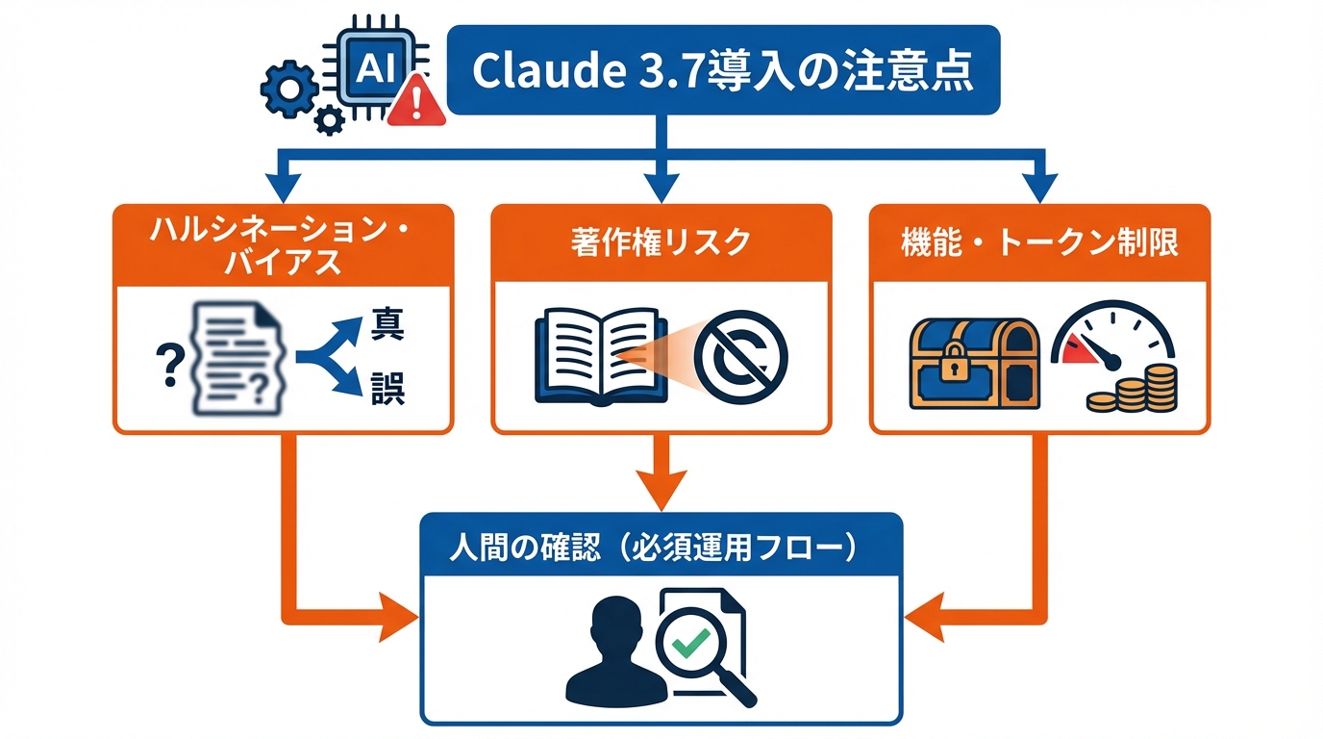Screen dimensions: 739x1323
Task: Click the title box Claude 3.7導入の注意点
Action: (723, 70)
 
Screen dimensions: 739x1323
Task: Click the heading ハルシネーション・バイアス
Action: (283, 247)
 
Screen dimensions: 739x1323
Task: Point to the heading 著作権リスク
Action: (660, 242)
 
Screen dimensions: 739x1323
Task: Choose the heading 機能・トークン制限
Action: (1039, 242)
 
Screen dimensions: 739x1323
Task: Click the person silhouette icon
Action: (608, 651)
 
